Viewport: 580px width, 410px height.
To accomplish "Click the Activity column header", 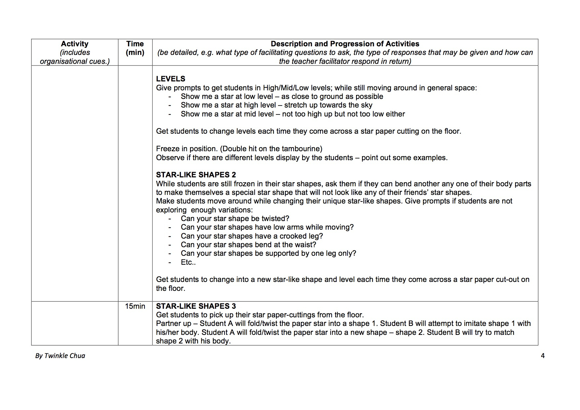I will click(75, 44).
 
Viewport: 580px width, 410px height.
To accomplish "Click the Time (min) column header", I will click(135, 48).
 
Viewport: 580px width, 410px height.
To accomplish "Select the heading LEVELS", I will click(170, 79).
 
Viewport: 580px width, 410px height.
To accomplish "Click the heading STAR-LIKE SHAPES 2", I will click(196, 175).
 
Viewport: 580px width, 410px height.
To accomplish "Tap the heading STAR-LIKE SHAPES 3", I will click(196, 306).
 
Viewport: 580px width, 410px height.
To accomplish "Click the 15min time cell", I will click(135, 306).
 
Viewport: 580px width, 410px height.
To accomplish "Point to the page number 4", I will click(543, 356).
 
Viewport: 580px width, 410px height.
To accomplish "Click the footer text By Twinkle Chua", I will click(60, 356).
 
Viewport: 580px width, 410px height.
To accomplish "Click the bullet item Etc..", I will click(188, 262).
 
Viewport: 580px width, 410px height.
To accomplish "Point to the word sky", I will click(366, 105).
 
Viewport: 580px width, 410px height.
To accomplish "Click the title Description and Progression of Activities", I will click(345, 44).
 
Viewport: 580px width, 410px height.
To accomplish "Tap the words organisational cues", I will click(75, 62).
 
